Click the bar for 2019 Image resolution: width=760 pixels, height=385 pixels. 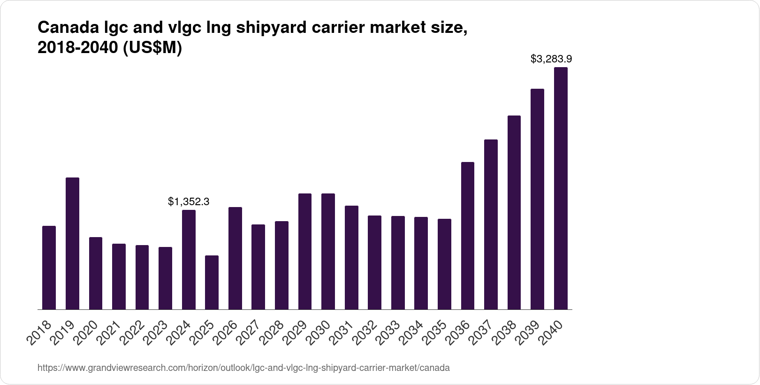[72, 243]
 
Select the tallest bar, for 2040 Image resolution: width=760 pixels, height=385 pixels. [561, 188]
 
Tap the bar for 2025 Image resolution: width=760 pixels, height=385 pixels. [212, 282]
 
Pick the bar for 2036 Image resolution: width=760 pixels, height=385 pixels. [468, 236]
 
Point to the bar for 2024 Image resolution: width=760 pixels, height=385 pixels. [189, 260]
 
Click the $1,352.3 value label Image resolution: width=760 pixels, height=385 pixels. [189, 202]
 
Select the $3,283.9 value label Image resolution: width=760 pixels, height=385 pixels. [551, 59]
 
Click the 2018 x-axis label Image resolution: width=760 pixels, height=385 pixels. [40, 332]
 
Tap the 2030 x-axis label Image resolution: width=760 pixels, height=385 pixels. [319, 332]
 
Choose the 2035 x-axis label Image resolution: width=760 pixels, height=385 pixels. [435, 332]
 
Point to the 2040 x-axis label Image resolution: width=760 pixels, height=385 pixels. [552, 332]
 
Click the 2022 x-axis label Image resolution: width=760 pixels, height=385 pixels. [133, 332]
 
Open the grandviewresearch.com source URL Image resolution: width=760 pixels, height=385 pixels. [243, 368]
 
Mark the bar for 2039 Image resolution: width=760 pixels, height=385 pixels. [537, 199]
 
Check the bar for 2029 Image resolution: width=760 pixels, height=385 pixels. [305, 251]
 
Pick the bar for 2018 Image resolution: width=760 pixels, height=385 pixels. [49, 268]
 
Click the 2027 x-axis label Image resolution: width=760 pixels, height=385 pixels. [249, 332]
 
